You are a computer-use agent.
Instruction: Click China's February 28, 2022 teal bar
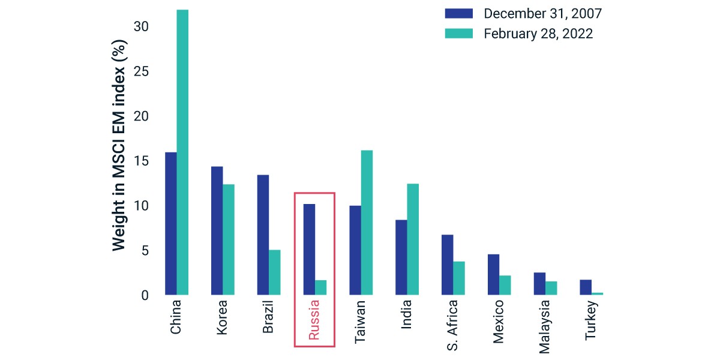point(182,152)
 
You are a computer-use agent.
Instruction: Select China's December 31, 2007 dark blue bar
point(171,224)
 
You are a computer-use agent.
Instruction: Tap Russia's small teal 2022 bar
point(321,287)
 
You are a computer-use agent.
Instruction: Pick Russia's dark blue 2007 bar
point(309,250)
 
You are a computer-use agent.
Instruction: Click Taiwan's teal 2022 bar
point(367,223)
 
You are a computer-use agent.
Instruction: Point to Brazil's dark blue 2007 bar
point(263,235)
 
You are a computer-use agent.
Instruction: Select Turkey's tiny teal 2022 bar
point(597,294)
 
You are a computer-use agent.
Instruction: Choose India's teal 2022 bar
point(413,239)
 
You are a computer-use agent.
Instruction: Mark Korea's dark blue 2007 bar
point(217,231)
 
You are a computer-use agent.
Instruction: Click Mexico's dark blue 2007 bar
point(493,275)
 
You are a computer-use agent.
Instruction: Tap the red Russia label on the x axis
point(314,320)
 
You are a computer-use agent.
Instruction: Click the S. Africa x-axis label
point(452,325)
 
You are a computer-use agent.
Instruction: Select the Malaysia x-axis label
point(544,327)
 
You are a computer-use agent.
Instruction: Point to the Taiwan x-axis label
point(360,322)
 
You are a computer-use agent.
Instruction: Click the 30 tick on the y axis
point(141,26)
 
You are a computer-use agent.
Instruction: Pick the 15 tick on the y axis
point(141,161)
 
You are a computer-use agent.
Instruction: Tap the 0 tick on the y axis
point(145,295)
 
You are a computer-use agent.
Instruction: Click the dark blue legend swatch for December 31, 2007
point(458,13)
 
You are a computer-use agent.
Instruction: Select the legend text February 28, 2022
point(538,34)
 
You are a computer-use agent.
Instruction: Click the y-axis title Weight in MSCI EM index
point(119,145)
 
